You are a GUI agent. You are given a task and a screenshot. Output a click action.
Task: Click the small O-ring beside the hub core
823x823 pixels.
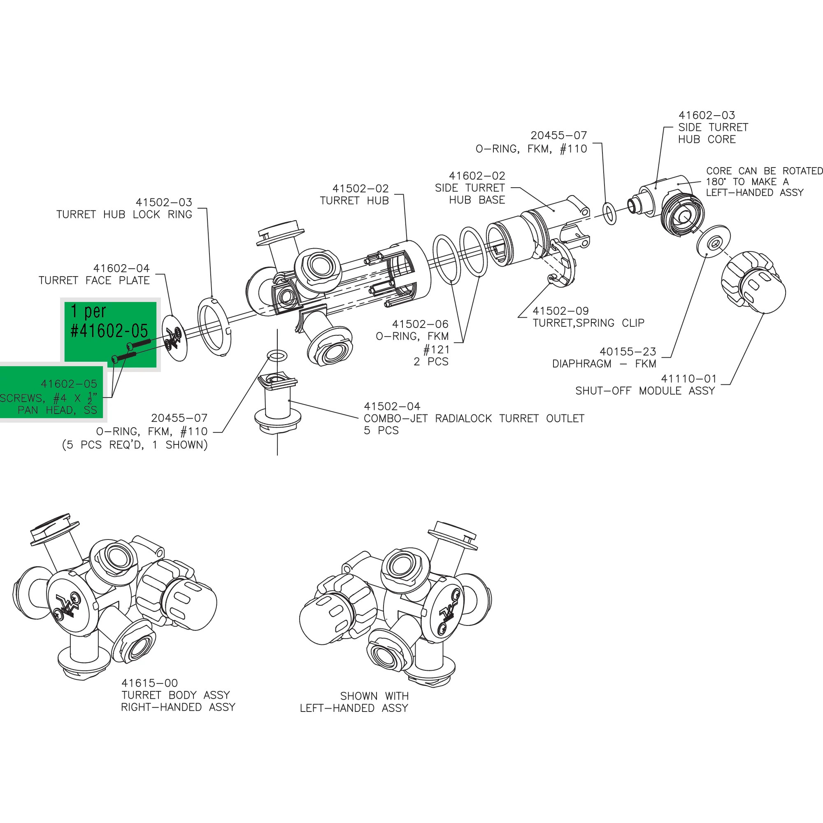coord(609,214)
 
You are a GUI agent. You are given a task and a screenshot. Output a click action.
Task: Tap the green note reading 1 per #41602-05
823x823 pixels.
coord(109,321)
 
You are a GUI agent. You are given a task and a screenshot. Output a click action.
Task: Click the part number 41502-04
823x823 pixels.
coord(391,406)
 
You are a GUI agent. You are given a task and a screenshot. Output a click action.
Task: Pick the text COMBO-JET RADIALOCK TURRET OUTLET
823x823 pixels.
coord(474,418)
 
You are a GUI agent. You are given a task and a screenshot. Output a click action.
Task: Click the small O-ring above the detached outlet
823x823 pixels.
coord(277,355)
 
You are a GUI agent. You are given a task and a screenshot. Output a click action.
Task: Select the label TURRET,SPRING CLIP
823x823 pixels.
coord(588,323)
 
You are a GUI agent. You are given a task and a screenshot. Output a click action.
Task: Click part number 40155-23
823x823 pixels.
coord(628,351)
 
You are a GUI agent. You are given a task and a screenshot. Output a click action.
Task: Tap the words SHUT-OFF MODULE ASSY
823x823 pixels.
coord(644,391)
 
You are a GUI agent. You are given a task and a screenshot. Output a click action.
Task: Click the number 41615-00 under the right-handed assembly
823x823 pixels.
coord(149,683)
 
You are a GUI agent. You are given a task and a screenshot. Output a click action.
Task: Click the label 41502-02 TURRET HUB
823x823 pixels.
coord(354,194)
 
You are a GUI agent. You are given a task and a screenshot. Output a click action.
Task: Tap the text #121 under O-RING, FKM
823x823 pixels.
coord(436,349)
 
